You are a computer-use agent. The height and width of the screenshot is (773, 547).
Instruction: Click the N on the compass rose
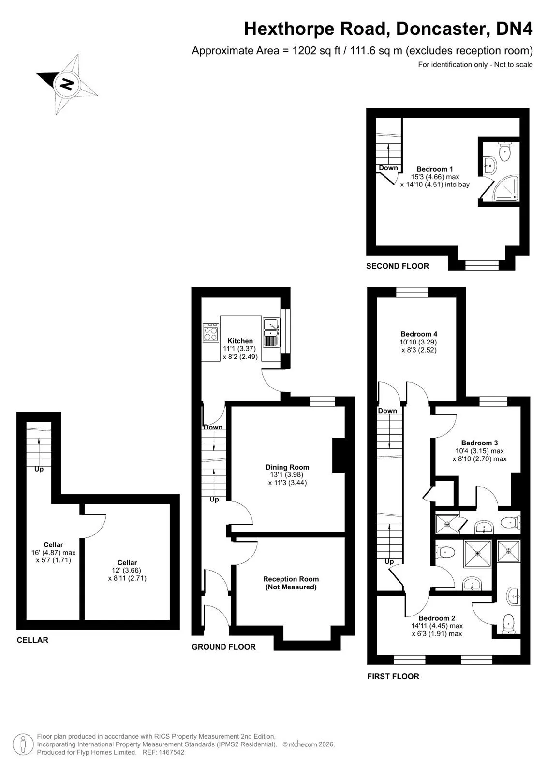coord(66,84)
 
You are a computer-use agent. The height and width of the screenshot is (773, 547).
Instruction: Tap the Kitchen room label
coord(240,341)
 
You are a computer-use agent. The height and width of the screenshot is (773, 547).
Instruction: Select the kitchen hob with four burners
coord(211,332)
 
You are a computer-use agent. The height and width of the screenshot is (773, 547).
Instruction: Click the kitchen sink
coord(271,333)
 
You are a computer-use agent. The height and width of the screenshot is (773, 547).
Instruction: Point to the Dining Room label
coord(287,467)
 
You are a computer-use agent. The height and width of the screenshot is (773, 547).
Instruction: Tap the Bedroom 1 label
coord(434,169)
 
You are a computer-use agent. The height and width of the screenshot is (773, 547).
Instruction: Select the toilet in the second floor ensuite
coord(505,152)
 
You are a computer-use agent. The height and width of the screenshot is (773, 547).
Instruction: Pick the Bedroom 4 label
coord(419,334)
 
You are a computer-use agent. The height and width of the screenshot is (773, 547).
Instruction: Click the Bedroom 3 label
coord(479,443)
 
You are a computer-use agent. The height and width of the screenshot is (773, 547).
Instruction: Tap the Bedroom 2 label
coord(437,618)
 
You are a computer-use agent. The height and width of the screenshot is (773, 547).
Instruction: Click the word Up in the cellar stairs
coord(39,469)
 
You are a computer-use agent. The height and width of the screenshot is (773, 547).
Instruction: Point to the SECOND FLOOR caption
coord(398,266)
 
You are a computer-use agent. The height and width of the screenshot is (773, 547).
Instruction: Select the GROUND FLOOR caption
coord(223,647)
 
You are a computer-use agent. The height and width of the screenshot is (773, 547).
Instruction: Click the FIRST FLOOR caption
coord(393,676)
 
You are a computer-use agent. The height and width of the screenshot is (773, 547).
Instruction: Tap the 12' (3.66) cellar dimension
coord(127,570)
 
